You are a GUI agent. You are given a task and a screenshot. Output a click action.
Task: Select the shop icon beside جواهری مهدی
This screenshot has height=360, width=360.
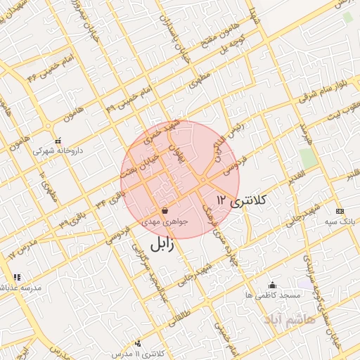tap(165, 210)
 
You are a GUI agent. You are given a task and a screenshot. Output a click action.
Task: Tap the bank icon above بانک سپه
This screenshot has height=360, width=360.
tap(340, 211)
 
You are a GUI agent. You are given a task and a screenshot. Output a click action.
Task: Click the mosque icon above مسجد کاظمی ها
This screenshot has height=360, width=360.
tap(273, 285)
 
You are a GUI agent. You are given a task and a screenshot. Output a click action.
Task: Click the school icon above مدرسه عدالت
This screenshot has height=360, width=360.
tap(17, 277)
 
